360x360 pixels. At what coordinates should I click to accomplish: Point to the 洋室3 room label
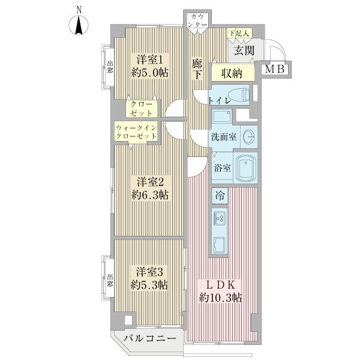(x=150, y=271)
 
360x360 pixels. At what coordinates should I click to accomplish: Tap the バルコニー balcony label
(x=150, y=339)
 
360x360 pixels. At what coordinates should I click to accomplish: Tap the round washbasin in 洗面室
(x=248, y=136)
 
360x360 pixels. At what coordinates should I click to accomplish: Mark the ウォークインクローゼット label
(x=136, y=132)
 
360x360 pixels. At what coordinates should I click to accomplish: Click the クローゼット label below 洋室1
(x=142, y=109)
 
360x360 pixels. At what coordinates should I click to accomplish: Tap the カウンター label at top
(x=198, y=20)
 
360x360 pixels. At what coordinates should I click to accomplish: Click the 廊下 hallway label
(x=196, y=68)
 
